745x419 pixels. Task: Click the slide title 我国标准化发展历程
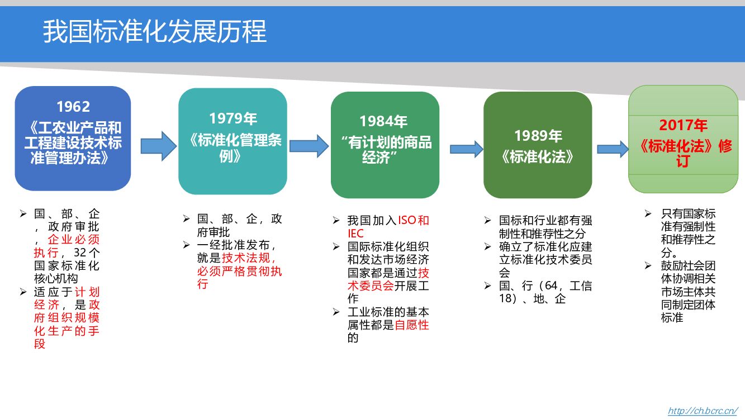click(x=155, y=32)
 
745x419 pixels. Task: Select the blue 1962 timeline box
click(x=73, y=138)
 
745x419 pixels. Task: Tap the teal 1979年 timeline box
click(x=232, y=141)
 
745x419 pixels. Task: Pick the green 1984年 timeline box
click(x=385, y=145)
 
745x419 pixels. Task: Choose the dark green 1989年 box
click(x=538, y=145)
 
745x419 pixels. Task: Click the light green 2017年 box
click(x=683, y=139)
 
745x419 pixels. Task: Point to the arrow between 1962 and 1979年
click(x=158, y=146)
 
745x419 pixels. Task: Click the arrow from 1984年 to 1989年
click(x=466, y=149)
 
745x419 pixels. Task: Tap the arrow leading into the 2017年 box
click(x=613, y=149)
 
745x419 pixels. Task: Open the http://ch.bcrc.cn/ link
click(x=703, y=411)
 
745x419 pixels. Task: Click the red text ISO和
click(x=414, y=220)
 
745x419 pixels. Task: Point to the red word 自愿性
click(x=412, y=325)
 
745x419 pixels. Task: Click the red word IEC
click(x=355, y=234)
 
